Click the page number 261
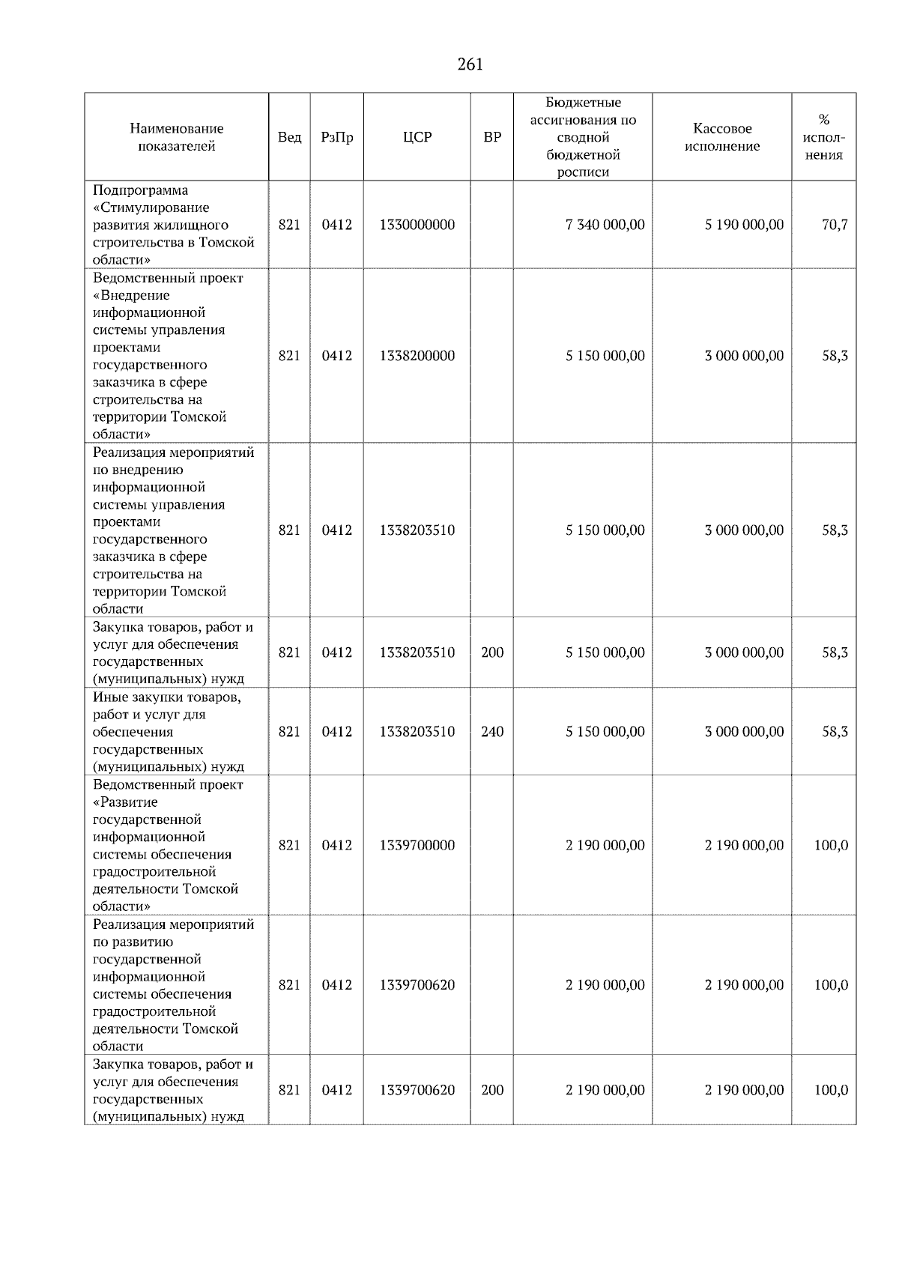coord(470,64)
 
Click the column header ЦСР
coord(417,137)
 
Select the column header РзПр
coord(337,137)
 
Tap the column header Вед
coord(289,137)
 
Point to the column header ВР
coord(492,137)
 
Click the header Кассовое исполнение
coord(722,137)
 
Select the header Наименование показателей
coord(176,137)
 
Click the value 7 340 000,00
coord(605,225)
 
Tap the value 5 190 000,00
coord(744,225)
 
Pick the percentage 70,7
coord(835,225)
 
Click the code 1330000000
coord(417,225)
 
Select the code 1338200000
coord(417,356)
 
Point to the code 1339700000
coord(417,845)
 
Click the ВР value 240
coord(492,731)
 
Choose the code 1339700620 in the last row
coord(417,1090)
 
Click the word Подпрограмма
coord(141,190)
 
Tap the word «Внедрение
coord(132,295)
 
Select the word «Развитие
coord(126,802)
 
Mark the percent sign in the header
coord(824,120)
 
